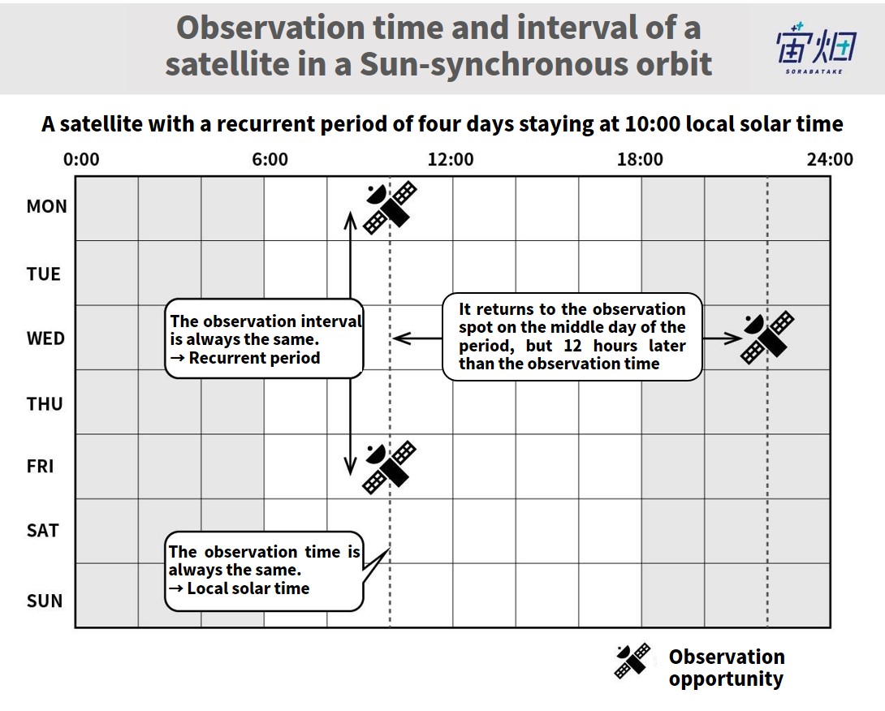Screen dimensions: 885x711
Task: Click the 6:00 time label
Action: (270, 159)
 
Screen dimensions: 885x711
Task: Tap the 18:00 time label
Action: (640, 159)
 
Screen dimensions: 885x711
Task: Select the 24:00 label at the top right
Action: (830, 159)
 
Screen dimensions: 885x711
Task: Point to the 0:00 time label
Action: (81, 159)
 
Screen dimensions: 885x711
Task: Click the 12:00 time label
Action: (451, 159)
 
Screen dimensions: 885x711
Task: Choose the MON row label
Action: (46, 206)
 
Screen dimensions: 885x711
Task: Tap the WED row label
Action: (45, 338)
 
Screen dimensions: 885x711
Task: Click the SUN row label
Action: (45, 601)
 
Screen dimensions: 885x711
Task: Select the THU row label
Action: (45, 404)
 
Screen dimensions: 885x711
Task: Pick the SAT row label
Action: (42, 531)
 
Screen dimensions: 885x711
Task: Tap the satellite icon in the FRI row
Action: (390, 468)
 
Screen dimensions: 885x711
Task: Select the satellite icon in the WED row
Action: (767, 338)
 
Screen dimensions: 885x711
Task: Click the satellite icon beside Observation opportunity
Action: (632, 661)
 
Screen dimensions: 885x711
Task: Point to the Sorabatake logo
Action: (815, 49)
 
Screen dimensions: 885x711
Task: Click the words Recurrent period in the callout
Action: (255, 358)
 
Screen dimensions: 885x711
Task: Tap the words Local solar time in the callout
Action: (248, 588)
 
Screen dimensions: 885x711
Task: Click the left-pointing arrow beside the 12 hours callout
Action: (417, 338)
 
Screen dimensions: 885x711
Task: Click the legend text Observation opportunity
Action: (727, 667)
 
